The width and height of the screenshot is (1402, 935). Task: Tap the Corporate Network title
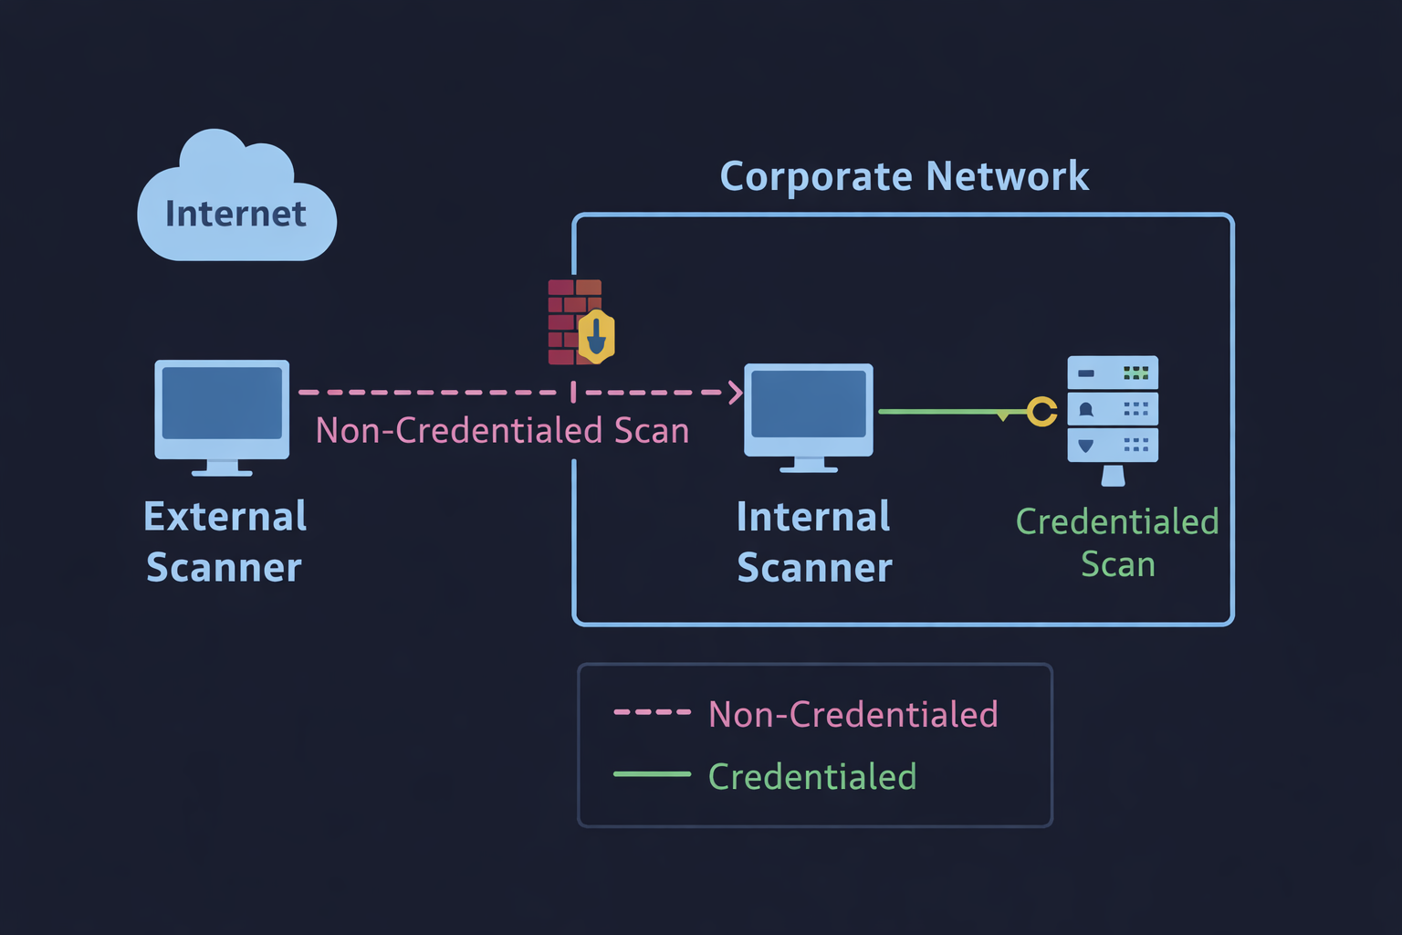click(904, 176)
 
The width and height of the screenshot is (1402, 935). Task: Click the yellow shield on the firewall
click(597, 337)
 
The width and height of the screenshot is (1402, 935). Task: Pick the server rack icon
click(1113, 409)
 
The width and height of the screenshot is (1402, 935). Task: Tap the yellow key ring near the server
click(1041, 412)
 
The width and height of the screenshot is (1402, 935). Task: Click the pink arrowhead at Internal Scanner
click(735, 393)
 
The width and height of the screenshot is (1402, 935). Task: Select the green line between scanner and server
click(940, 412)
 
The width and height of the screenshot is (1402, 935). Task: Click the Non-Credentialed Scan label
click(502, 431)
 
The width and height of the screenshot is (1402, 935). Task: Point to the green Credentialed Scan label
click(1117, 542)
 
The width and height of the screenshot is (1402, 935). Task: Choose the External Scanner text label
click(225, 541)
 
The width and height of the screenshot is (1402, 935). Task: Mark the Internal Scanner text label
click(814, 541)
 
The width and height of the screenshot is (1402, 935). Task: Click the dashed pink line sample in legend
click(652, 712)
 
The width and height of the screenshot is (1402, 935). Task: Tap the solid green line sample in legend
click(652, 774)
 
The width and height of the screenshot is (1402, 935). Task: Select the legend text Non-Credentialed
click(853, 714)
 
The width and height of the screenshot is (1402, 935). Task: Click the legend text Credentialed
click(811, 777)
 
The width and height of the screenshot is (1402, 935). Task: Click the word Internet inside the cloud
click(235, 214)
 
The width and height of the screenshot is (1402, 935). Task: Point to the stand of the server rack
click(1113, 476)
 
